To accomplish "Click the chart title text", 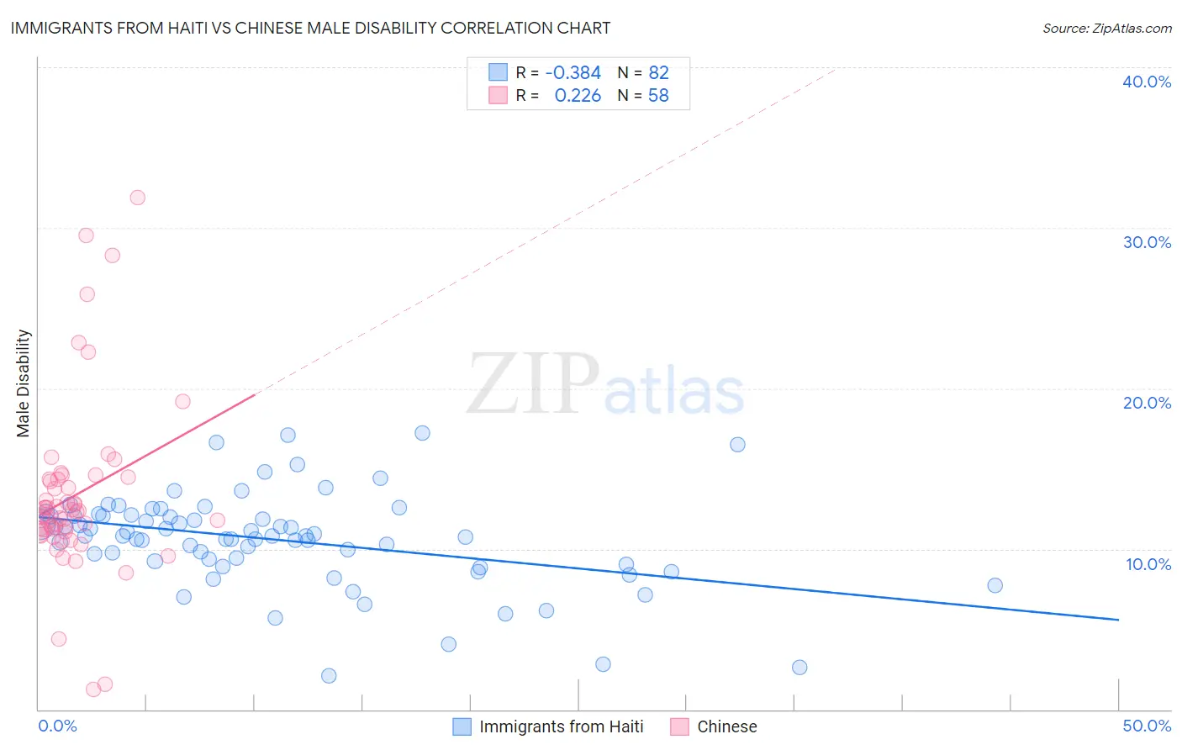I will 310,28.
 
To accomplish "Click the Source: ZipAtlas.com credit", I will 1106,28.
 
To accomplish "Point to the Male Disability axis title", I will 24,383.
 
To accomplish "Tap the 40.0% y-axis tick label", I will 1147,82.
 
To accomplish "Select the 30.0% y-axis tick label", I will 1147,242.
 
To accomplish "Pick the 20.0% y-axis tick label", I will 1147,403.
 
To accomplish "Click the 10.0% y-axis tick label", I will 1148,564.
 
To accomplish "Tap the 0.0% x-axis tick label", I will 57,726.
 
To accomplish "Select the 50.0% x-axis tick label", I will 1147,726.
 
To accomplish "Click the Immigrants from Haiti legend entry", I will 561,726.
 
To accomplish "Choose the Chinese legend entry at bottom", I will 726,726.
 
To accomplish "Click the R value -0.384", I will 573,73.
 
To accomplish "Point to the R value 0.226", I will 578,96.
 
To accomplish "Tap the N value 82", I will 658,73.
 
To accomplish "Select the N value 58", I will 658,96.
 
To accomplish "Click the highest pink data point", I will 137,198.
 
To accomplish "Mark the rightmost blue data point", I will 995,585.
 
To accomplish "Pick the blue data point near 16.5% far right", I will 737,445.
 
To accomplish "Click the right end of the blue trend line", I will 1118,620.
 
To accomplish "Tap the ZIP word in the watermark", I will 533,385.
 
